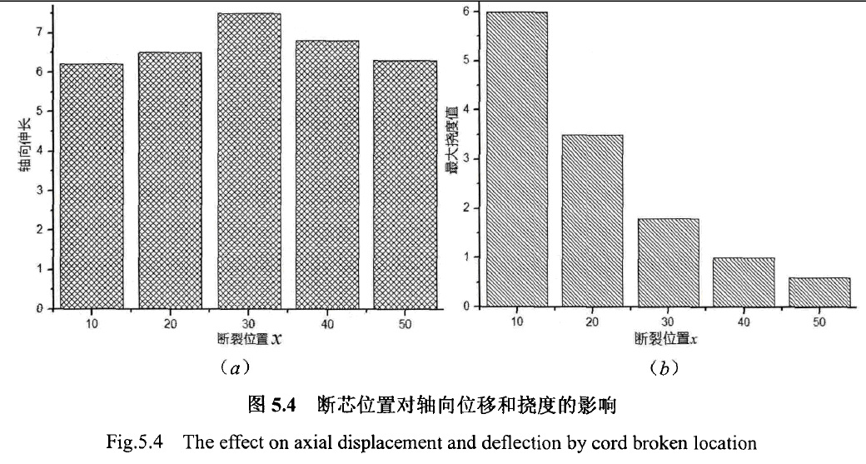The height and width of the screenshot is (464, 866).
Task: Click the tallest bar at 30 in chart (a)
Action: tap(249, 160)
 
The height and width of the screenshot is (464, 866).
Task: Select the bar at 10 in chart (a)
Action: tap(92, 185)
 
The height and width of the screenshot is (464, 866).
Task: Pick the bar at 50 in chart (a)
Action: tap(406, 183)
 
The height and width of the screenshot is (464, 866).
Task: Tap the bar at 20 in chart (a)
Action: tap(170, 179)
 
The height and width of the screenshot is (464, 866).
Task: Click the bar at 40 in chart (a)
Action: tap(327, 173)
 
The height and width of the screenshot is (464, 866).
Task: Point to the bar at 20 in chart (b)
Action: tap(592, 220)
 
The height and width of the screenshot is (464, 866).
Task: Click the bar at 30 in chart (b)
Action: tap(668, 262)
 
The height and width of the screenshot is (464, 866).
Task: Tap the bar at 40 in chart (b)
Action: tap(744, 282)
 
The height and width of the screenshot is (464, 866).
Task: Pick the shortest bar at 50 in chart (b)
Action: tap(819, 292)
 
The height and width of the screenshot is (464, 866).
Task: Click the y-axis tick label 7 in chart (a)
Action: tap(39, 32)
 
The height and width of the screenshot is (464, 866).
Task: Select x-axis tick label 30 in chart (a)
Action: tap(249, 324)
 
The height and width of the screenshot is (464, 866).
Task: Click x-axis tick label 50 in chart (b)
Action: tap(819, 322)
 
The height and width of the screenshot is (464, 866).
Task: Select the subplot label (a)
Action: tap(232, 367)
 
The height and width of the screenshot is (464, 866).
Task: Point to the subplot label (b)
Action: tap(663, 367)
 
